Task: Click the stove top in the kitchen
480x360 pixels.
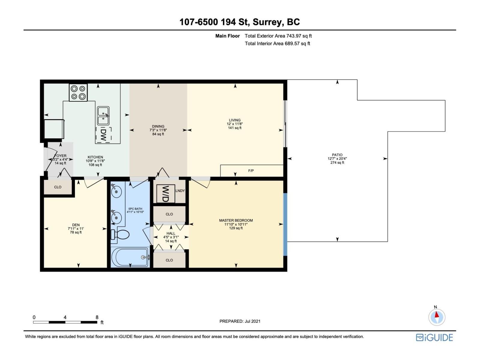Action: click(78, 92)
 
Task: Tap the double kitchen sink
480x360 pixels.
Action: click(103, 116)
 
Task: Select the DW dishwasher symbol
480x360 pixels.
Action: click(103, 135)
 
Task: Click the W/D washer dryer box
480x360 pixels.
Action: click(166, 194)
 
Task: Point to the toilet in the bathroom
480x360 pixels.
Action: click(120, 235)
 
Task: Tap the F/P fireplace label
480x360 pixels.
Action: click(251, 171)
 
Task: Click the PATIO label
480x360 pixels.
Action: click(337, 155)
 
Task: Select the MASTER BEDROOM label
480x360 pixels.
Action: click(236, 220)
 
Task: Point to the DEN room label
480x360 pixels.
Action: click(76, 225)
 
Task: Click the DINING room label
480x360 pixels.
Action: click(158, 126)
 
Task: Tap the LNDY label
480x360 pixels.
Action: click(180, 191)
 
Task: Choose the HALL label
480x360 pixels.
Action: click(171, 233)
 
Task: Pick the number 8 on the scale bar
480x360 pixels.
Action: click(97, 317)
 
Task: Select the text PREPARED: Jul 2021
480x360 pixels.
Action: click(240, 321)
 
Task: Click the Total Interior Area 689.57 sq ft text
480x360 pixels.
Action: click(277, 43)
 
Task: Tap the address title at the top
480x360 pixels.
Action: click(240, 22)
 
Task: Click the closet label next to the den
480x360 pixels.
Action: click(58, 187)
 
